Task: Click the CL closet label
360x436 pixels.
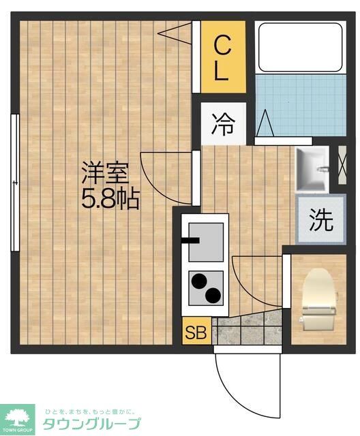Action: tap(222, 59)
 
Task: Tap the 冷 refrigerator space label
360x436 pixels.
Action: tap(222, 125)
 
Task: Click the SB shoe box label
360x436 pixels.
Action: tap(196, 333)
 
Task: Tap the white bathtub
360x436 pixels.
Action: tap(300, 48)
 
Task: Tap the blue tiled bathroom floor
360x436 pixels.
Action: tap(300, 106)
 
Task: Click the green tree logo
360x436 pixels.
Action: tap(20, 416)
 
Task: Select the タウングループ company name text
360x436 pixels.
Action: tap(91, 423)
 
